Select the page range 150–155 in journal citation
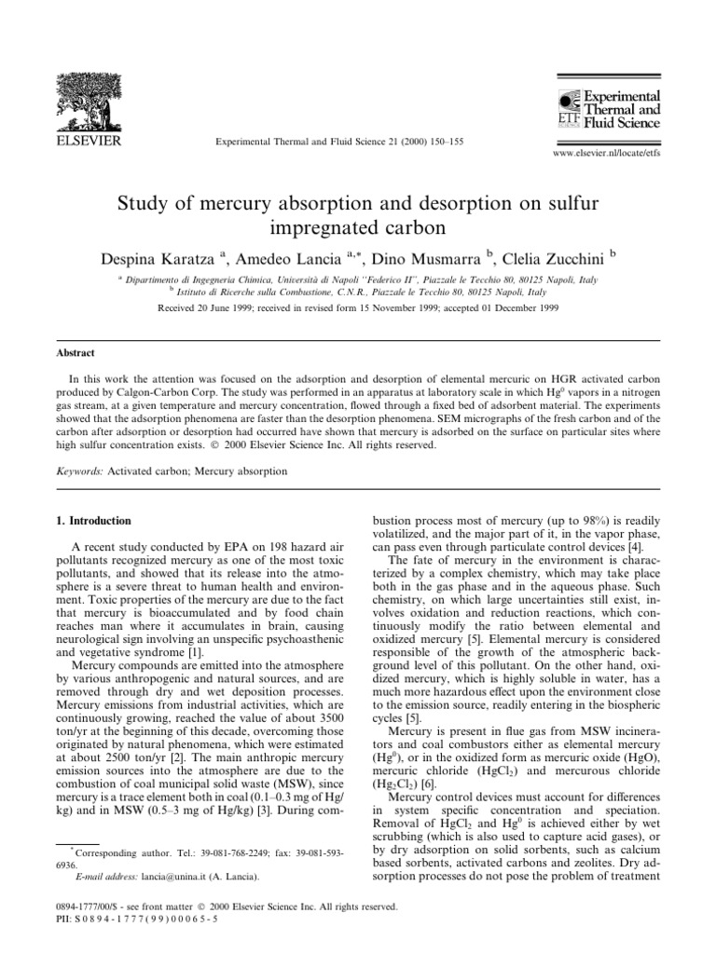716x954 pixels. click(446, 141)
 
